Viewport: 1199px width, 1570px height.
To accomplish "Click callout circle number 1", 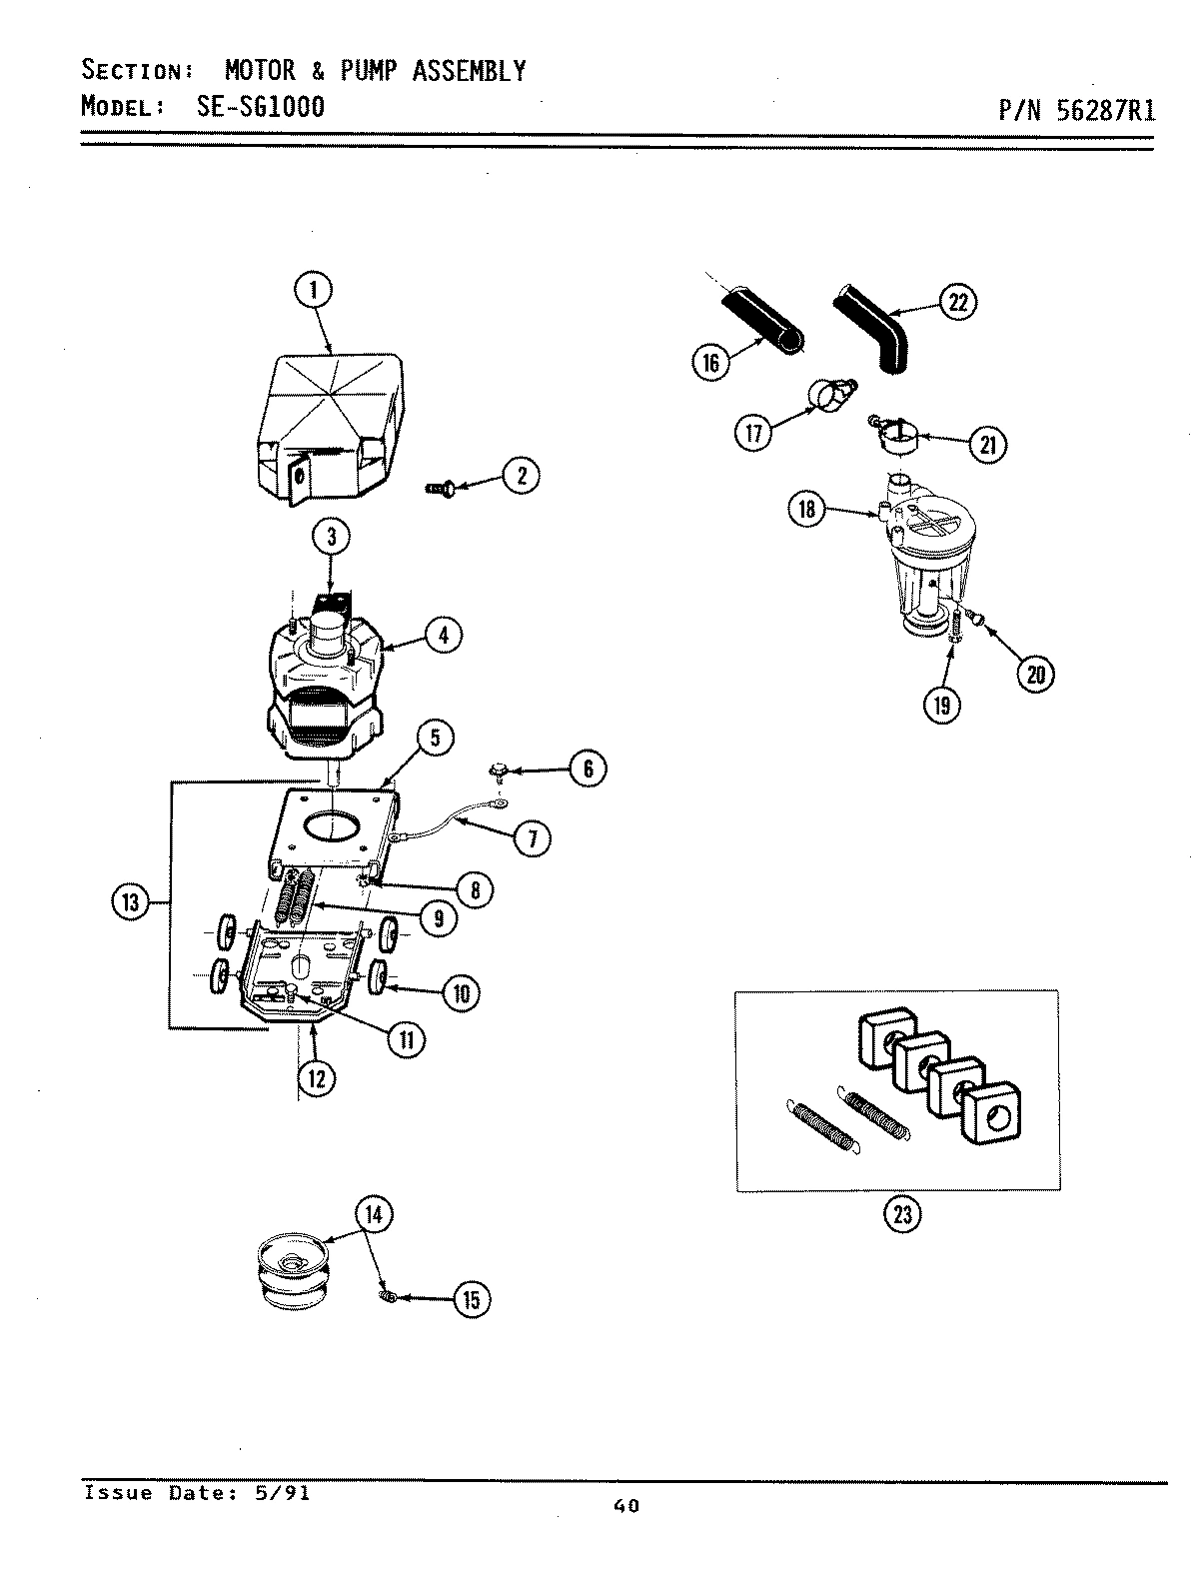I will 313,291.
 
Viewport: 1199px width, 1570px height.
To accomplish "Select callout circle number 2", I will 521,476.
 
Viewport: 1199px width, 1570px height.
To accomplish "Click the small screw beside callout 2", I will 440,488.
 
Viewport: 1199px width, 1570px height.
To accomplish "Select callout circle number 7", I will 533,838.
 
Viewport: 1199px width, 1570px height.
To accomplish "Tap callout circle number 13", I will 130,903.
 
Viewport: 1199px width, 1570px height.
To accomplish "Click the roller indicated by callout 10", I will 381,976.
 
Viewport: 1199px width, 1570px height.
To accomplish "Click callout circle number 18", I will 805,510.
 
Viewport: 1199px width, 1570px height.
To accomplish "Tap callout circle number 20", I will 1035,675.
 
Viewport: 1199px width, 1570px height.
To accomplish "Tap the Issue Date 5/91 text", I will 197,1493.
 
